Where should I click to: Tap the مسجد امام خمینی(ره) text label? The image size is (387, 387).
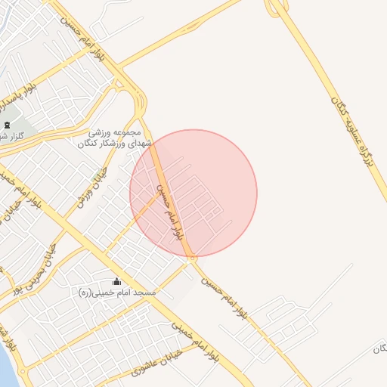point(116,291)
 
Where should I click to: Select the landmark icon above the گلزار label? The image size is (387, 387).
point(7,125)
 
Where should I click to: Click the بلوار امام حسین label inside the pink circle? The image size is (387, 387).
point(169,211)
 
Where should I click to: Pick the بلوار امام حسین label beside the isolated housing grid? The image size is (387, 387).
point(226,299)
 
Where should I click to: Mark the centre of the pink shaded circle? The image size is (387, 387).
point(193,193)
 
